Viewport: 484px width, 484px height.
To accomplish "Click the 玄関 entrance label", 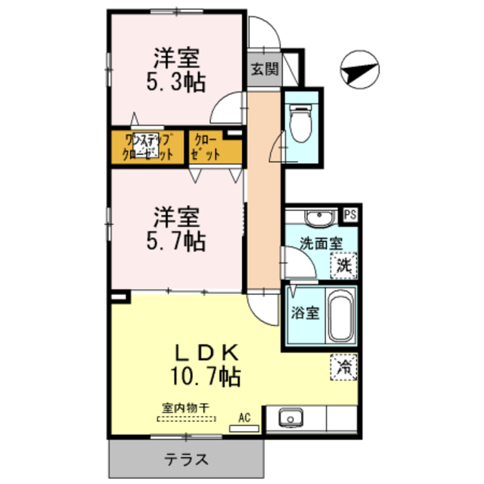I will pyautogui.click(x=265, y=70).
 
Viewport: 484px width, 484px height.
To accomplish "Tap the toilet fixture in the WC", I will pyautogui.click(x=300, y=122).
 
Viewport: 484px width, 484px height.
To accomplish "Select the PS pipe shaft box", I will pyautogui.click(x=350, y=214).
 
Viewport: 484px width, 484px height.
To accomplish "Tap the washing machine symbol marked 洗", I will pyautogui.click(x=345, y=265).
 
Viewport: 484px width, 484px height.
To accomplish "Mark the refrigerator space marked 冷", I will pyautogui.click(x=344, y=368).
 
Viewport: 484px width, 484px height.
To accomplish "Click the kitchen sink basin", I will pyautogui.click(x=290, y=418).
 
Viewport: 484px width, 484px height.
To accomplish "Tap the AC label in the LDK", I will pyautogui.click(x=244, y=416).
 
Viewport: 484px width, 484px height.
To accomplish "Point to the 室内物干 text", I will pyautogui.click(x=185, y=405).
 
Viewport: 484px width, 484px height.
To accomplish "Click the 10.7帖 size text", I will pyautogui.click(x=205, y=375).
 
